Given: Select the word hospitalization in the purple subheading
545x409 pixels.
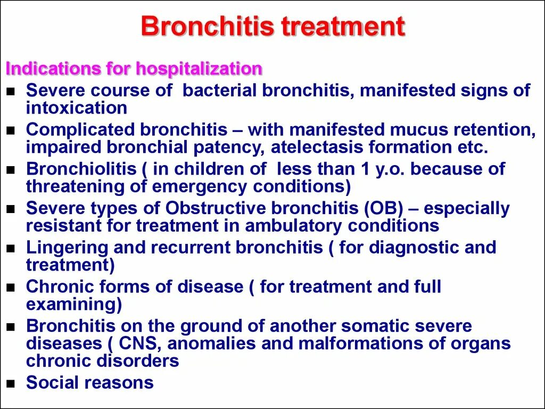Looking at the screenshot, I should point(199,69).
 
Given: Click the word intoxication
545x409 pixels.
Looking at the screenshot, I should point(76,108).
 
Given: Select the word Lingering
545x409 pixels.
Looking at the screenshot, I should point(67,248).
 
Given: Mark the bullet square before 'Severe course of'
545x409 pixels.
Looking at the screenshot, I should point(11,92).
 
